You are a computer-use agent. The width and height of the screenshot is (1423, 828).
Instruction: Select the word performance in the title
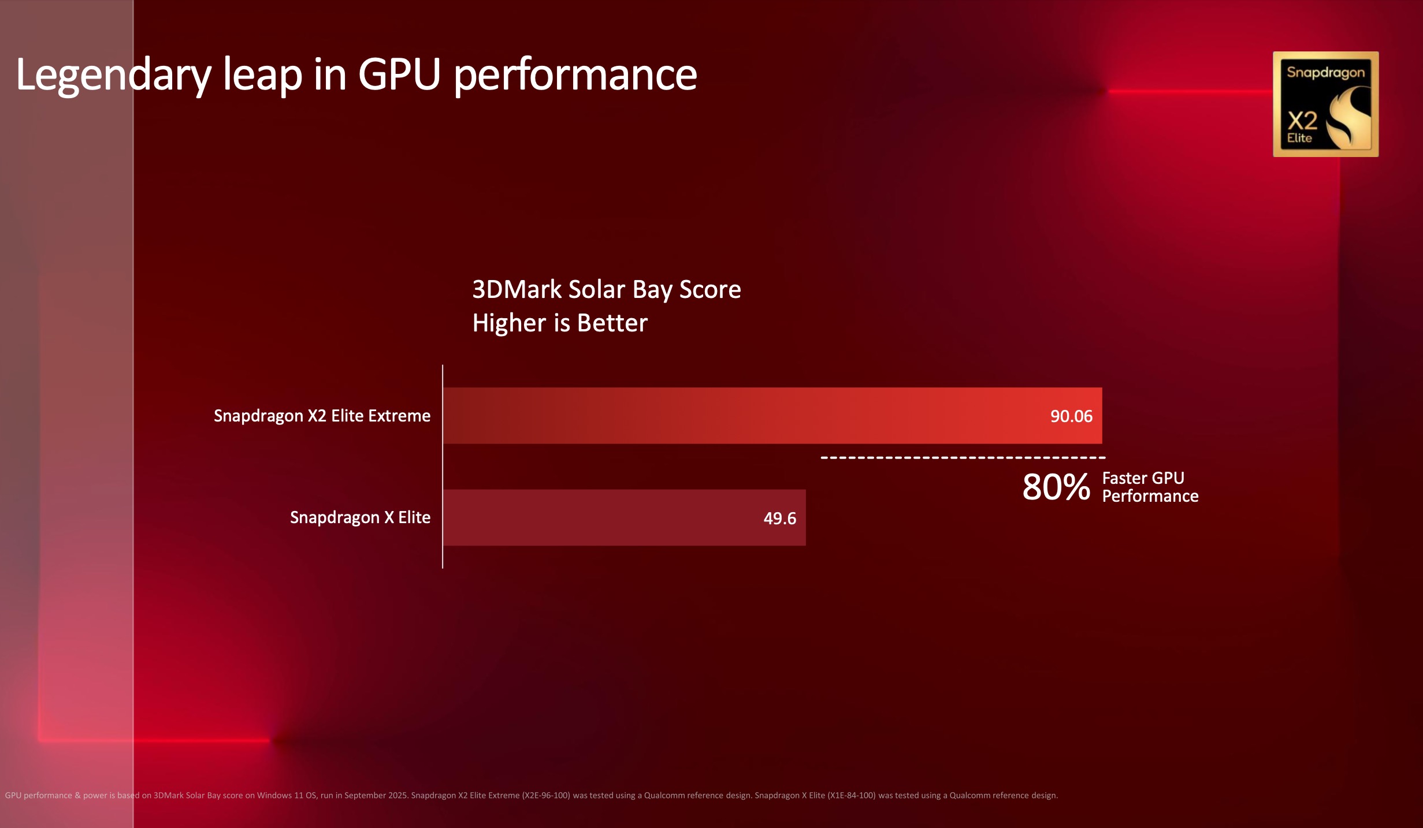click(x=575, y=75)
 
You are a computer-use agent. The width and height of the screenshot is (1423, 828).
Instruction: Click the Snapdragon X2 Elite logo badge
click(x=1325, y=105)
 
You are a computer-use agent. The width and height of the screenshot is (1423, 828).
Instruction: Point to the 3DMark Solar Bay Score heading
click(x=606, y=289)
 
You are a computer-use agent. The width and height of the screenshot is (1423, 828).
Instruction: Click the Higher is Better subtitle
click(x=559, y=323)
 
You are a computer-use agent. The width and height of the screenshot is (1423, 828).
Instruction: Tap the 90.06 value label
click(x=1071, y=416)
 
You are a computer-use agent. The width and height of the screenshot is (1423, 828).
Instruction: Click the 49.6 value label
click(x=779, y=519)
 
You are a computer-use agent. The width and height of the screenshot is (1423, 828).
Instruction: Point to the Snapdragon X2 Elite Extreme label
click(x=322, y=416)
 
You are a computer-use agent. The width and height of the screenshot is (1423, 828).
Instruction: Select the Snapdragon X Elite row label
click(x=360, y=517)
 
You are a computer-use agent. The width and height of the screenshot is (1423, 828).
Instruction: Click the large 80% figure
click(x=1056, y=487)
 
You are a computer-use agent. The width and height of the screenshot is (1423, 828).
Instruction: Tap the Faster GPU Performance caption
click(x=1150, y=487)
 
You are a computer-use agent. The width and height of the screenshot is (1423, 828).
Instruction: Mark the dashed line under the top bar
click(x=963, y=457)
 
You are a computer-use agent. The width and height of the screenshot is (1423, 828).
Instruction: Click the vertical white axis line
click(x=443, y=467)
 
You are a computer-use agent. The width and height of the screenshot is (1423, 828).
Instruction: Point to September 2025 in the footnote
click(x=376, y=796)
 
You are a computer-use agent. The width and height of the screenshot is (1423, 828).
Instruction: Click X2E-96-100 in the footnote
click(x=546, y=796)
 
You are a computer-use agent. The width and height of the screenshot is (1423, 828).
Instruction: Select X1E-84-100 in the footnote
click(x=851, y=796)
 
